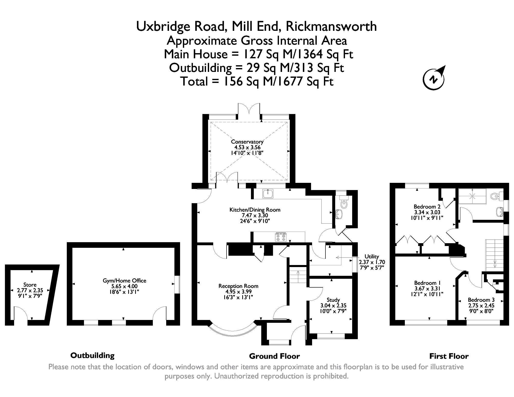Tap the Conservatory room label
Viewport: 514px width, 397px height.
click(247, 142)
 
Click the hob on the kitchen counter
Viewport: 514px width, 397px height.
click(281, 237)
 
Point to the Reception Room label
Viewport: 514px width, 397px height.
click(238, 286)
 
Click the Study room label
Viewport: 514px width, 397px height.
click(333, 300)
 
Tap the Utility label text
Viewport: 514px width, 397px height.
click(372, 257)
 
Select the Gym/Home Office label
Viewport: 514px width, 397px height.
click(124, 281)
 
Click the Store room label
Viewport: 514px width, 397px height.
click(30, 285)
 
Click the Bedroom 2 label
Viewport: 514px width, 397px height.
click(427, 207)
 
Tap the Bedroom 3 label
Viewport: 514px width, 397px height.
click(481, 300)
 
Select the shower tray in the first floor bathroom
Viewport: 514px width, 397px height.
click(472, 196)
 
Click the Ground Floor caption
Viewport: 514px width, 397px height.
click(274, 356)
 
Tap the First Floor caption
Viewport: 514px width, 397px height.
click(449, 356)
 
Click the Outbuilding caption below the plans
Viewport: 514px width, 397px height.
click(92, 355)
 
